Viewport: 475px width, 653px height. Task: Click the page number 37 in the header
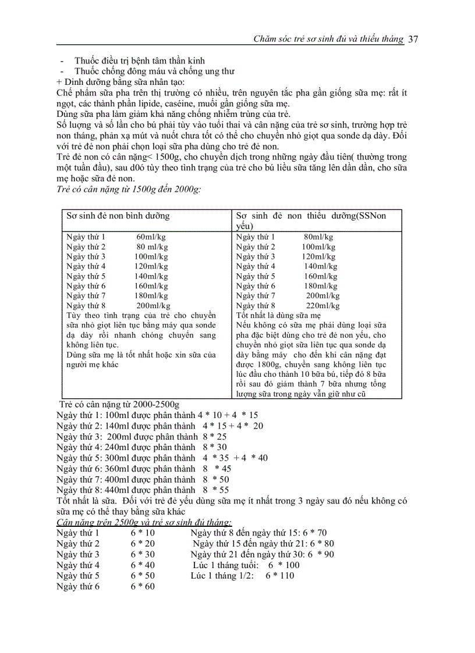point(414,39)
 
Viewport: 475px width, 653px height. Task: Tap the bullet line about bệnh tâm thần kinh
point(140,60)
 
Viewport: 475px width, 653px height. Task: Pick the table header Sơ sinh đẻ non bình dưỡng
point(118,216)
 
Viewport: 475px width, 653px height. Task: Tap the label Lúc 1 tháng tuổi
point(225,565)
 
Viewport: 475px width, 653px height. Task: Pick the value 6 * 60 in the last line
point(143,586)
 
